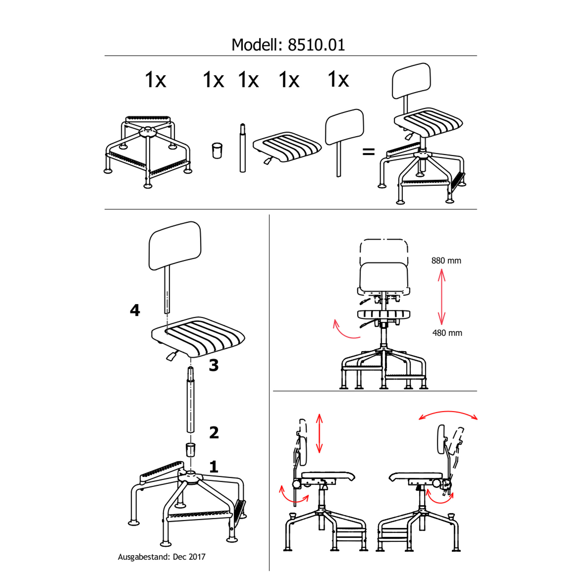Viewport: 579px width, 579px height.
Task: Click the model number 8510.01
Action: coord(316,45)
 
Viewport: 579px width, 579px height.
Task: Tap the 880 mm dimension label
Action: coord(446,261)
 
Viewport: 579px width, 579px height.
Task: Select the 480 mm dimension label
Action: coord(447,333)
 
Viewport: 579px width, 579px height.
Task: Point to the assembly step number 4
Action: coord(135,310)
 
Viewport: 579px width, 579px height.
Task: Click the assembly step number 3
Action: coord(214,365)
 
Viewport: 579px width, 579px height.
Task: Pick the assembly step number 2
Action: coord(214,432)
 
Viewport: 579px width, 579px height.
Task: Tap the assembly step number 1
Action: coord(214,467)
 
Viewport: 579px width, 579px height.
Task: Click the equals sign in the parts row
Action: coord(369,151)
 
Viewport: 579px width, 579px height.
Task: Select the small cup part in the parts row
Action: coord(217,150)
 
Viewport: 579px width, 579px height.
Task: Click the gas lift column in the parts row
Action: coord(242,148)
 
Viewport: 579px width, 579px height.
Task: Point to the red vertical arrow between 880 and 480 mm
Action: coord(441,297)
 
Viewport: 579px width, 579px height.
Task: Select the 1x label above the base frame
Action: coord(155,80)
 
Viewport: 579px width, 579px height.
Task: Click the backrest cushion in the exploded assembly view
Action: coord(175,246)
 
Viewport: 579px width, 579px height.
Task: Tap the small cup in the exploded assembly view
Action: coord(190,449)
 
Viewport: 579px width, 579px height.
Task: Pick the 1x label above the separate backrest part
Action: coord(338,79)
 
